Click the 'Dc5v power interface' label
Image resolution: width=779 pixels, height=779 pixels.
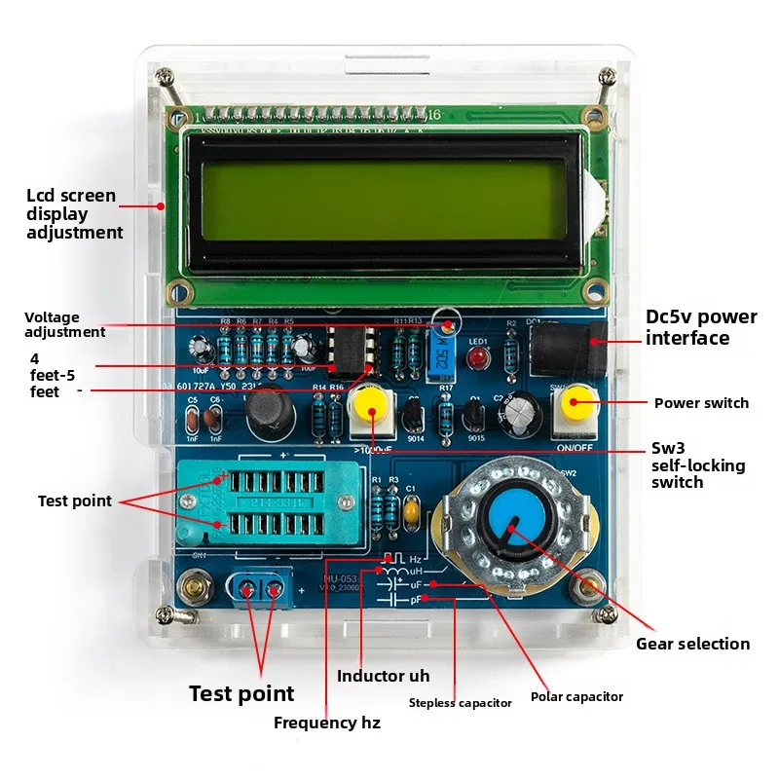[701, 327]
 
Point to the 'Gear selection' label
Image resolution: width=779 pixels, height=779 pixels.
[692, 644]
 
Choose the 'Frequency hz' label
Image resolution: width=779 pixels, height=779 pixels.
[327, 723]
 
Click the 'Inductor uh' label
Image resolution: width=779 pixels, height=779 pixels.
[383, 676]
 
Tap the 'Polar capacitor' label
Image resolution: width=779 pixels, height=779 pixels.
[576, 696]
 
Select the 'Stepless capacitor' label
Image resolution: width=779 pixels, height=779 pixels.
[460, 703]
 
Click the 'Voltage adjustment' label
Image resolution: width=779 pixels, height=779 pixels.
[65, 324]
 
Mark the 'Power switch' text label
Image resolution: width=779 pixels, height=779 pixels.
[701, 403]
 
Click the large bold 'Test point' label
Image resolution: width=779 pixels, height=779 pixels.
[241, 693]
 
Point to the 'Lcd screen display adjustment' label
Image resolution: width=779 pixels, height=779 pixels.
[74, 214]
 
